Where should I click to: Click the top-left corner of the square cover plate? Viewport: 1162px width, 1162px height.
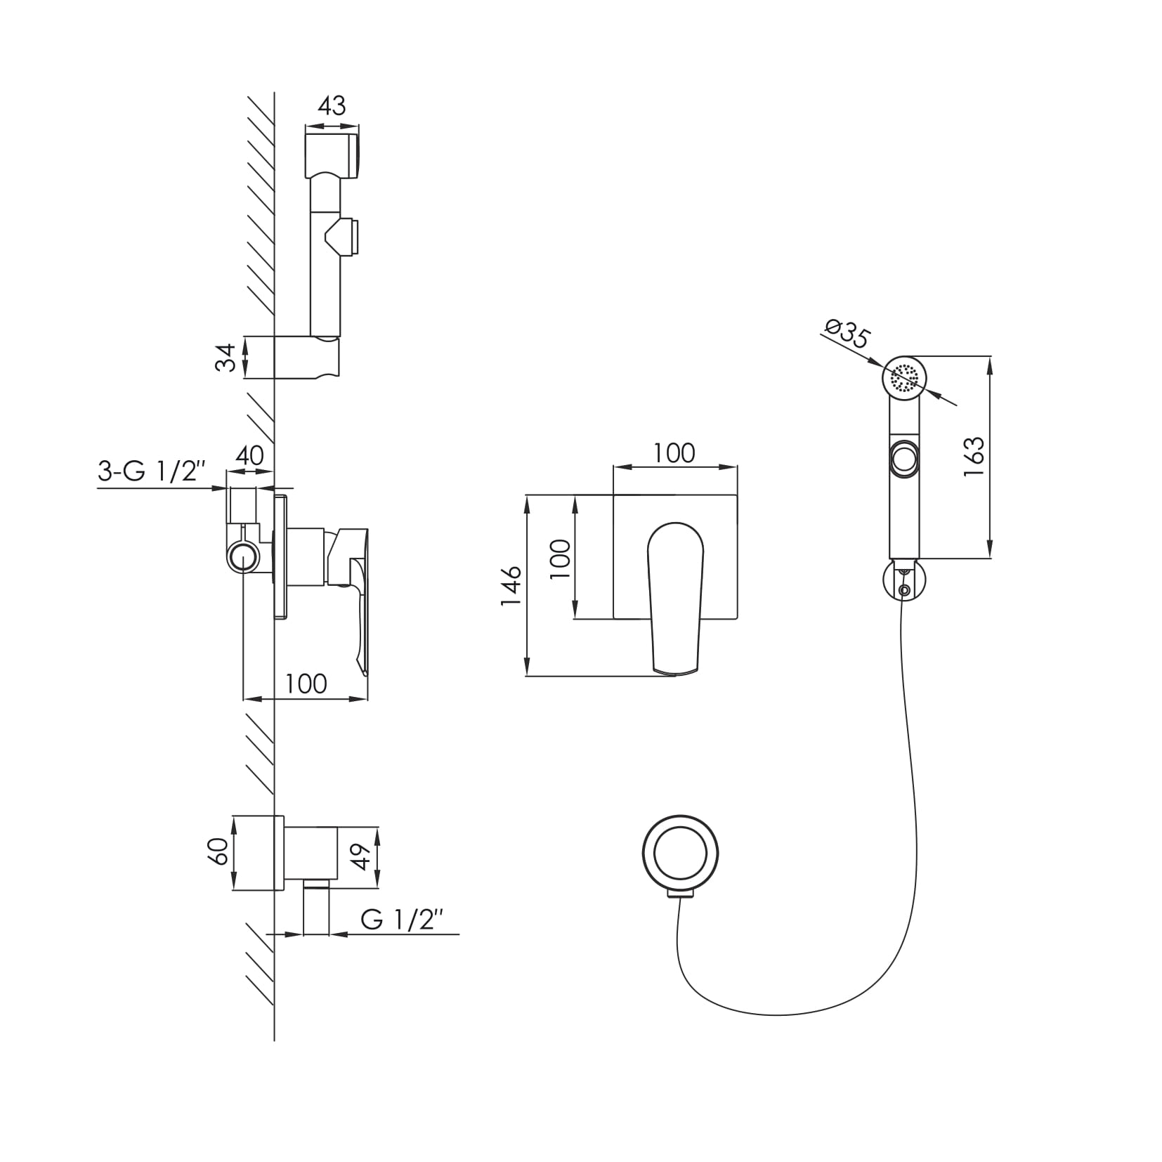point(614,495)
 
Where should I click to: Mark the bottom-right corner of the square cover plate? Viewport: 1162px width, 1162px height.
point(737,619)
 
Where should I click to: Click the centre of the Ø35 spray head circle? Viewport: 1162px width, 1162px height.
point(905,379)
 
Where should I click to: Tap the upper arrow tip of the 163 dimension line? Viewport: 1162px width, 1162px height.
point(990,358)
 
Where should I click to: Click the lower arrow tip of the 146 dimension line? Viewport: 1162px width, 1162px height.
point(527,676)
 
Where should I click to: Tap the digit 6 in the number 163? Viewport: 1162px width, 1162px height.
point(974,457)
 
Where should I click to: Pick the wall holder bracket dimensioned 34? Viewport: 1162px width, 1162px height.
point(308,358)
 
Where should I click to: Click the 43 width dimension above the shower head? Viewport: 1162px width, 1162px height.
point(332,106)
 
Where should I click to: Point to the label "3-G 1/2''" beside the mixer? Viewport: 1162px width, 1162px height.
point(152,471)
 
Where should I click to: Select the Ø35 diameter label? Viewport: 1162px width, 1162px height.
point(847,333)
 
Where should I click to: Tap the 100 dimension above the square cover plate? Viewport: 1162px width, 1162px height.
point(674,453)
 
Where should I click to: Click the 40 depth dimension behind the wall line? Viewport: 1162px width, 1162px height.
point(249,455)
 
